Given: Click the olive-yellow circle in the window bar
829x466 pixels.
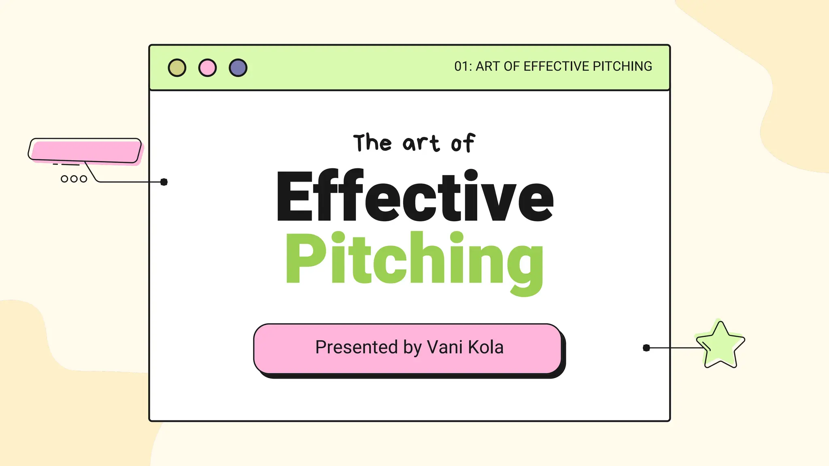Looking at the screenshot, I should [x=177, y=68].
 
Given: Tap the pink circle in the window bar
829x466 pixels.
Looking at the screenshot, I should [x=207, y=68].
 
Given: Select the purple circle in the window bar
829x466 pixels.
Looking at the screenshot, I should [x=238, y=68].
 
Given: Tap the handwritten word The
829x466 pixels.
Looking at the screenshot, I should [x=372, y=143].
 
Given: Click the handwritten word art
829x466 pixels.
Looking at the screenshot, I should [x=421, y=144].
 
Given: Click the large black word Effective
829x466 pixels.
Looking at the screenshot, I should [x=414, y=196].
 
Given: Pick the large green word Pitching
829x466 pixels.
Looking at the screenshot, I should [x=414, y=259].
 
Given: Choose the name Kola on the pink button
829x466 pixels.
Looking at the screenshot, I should [x=486, y=347].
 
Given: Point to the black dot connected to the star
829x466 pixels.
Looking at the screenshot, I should [x=646, y=348].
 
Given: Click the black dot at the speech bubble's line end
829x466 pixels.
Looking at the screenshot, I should [x=164, y=182].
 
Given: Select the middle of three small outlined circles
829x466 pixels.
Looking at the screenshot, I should [x=74, y=179].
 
